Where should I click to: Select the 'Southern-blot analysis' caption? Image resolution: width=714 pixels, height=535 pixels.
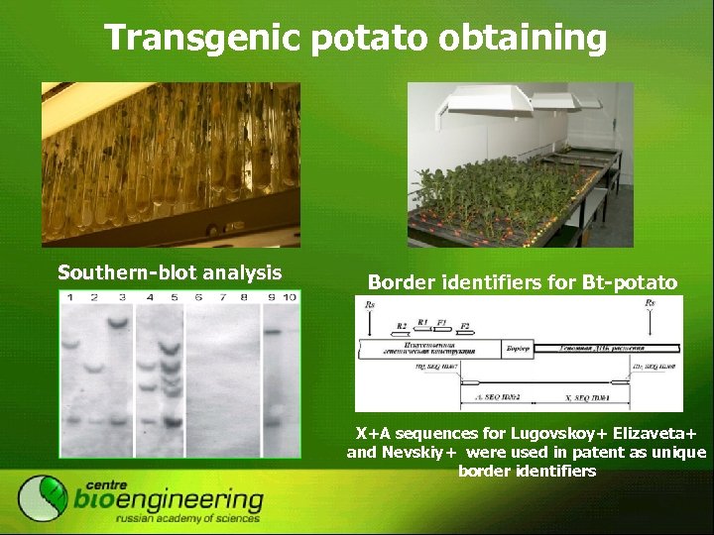tap(170, 272)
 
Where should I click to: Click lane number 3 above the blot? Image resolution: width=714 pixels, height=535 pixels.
tap(121, 297)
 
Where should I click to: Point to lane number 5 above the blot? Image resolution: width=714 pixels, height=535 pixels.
tap(174, 297)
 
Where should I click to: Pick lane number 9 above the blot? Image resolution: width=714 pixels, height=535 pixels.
tap(271, 297)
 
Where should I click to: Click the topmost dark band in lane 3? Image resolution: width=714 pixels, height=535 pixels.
tap(121, 322)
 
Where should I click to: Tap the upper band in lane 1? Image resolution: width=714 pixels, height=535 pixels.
tap(70, 345)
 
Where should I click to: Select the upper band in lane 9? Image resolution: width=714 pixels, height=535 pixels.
tap(273, 332)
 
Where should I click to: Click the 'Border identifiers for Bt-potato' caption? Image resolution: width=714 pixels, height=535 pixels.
tap(523, 282)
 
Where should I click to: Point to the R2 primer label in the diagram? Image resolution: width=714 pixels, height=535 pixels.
tap(401, 325)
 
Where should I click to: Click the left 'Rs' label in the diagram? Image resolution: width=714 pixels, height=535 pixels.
tap(370, 303)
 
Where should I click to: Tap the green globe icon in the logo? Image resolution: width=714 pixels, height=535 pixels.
tap(44, 498)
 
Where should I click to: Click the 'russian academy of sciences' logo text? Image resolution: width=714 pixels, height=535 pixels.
tap(187, 518)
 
